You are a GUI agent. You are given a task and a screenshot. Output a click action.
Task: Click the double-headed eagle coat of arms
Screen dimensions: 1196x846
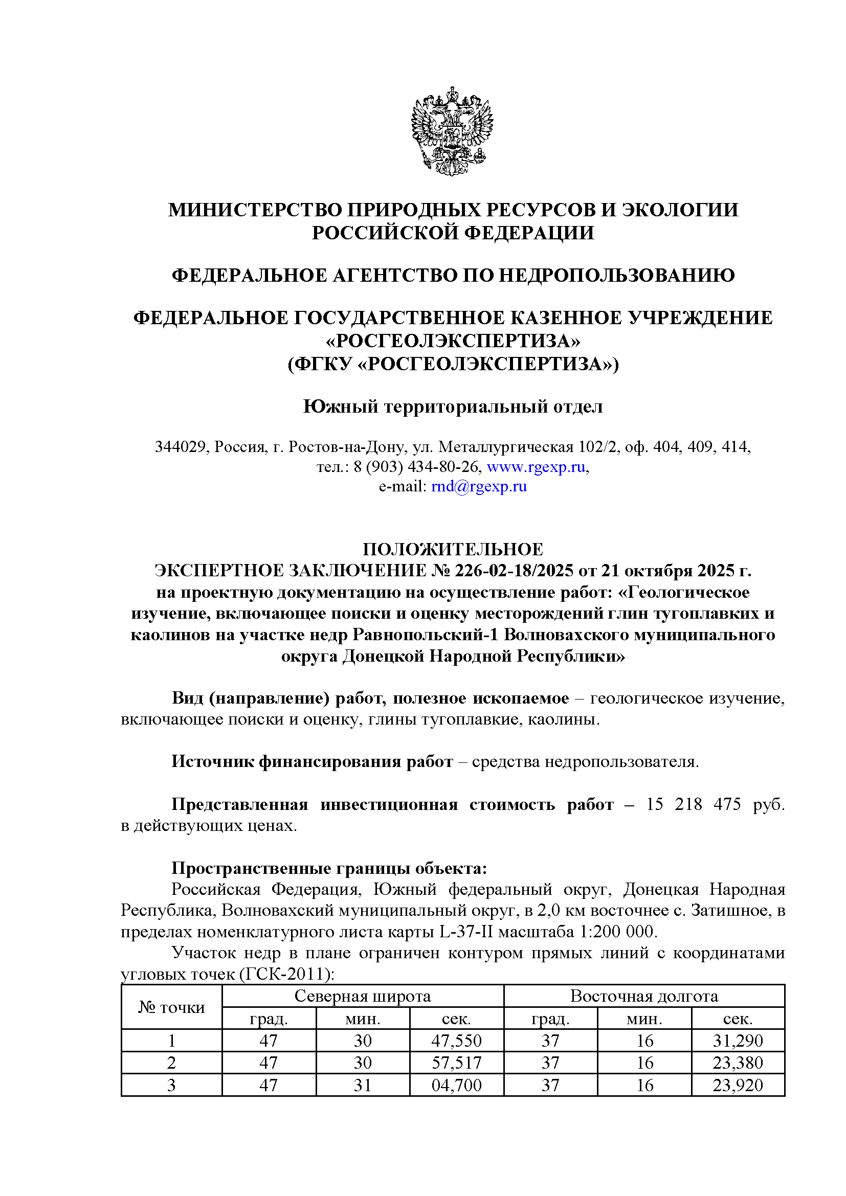[x=452, y=131]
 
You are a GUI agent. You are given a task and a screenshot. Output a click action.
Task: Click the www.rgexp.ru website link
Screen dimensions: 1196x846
[x=536, y=467]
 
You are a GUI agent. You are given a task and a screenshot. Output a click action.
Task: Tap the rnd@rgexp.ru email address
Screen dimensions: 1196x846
[x=479, y=486]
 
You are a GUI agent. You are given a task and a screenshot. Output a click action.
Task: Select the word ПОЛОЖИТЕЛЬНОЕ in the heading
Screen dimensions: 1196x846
[x=453, y=549]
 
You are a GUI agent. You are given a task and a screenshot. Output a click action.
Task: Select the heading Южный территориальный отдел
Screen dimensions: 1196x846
[x=453, y=407]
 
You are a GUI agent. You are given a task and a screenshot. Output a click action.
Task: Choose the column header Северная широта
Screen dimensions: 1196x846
[x=363, y=996]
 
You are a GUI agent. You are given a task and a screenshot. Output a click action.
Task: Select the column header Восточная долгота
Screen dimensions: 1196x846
[x=644, y=996]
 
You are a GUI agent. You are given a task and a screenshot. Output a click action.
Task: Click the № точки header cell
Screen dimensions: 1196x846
[x=171, y=1007]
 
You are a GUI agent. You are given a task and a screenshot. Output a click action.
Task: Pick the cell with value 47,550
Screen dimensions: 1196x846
[x=456, y=1041]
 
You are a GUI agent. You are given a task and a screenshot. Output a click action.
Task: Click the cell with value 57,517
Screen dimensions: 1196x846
[x=456, y=1063]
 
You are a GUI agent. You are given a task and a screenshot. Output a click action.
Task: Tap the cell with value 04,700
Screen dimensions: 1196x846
[x=456, y=1085]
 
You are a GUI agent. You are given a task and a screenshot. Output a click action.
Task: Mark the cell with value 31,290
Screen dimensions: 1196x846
[x=738, y=1041]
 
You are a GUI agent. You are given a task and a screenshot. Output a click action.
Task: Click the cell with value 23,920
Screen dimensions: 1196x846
[x=738, y=1085]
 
